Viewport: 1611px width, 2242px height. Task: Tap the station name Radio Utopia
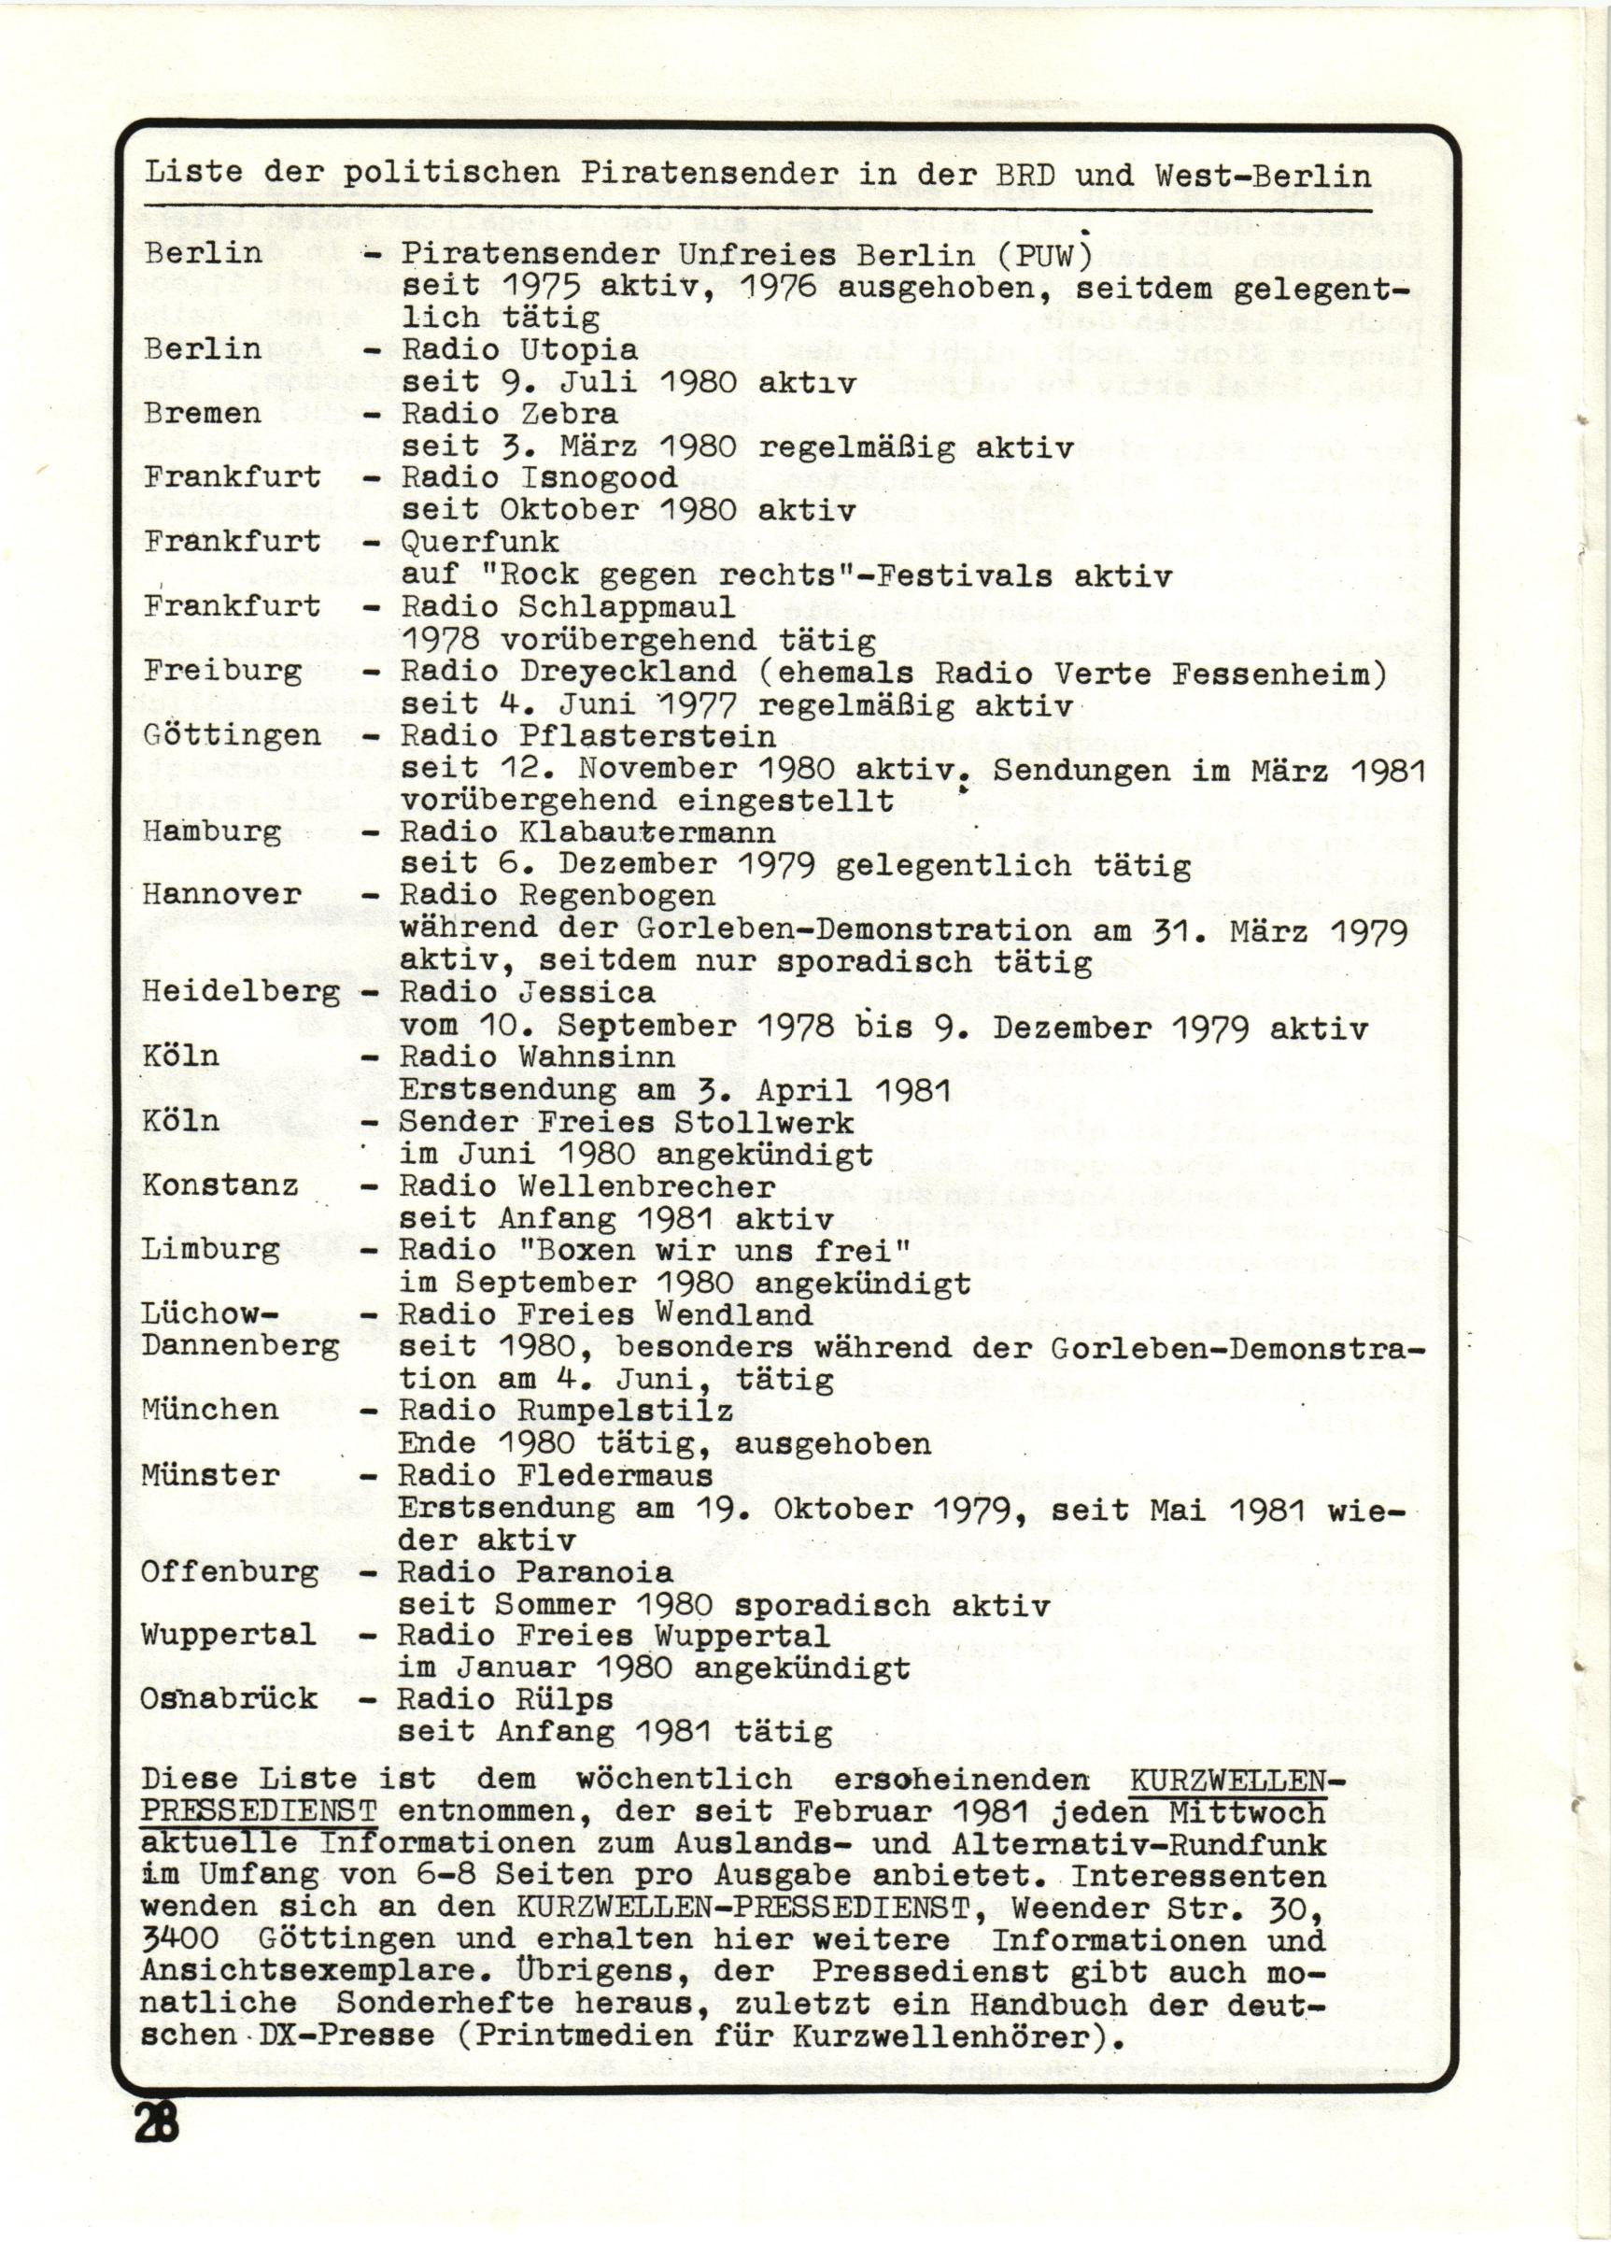point(519,350)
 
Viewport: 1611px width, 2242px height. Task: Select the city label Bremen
point(202,413)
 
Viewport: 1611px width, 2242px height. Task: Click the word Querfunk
point(479,542)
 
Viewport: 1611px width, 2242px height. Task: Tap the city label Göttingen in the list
point(232,735)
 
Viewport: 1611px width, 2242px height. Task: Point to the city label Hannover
point(221,895)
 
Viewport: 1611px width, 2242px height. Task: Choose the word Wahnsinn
point(596,1057)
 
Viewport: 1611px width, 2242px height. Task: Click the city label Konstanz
point(220,1185)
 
